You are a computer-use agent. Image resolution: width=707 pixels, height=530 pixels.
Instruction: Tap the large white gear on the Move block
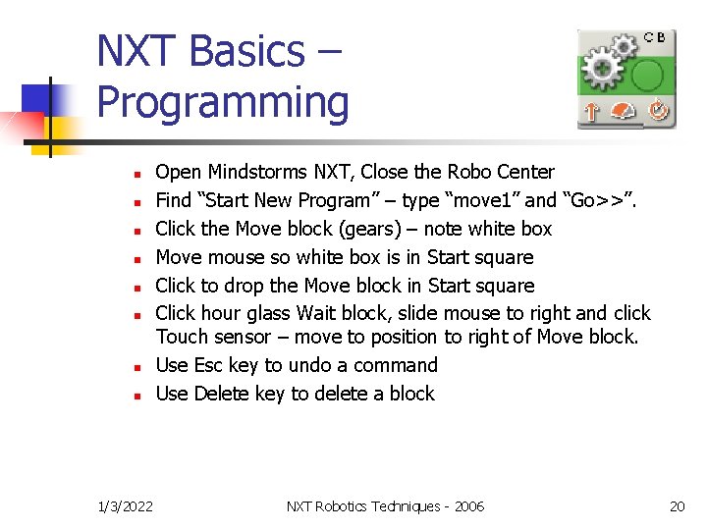[600, 71]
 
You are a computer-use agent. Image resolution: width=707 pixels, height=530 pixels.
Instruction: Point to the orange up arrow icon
[590, 112]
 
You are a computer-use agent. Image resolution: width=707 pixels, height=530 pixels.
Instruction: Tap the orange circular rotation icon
[657, 111]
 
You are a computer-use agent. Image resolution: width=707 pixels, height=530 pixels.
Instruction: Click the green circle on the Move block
[648, 74]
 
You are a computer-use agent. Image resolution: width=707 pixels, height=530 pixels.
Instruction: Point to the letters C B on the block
[654, 37]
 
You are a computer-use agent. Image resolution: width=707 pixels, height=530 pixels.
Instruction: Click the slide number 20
[677, 506]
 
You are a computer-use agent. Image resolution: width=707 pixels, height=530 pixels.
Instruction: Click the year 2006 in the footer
[468, 506]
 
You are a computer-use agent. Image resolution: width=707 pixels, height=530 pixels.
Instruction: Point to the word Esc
[208, 365]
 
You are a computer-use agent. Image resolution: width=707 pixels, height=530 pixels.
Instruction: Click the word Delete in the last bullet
[221, 394]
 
